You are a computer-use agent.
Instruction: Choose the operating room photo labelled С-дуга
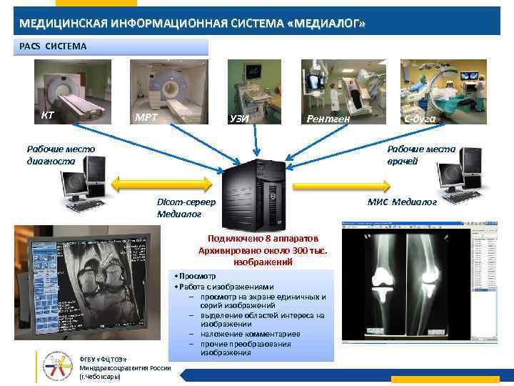443,91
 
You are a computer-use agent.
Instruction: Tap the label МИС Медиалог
402,202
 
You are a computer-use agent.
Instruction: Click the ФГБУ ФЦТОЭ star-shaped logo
58,365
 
